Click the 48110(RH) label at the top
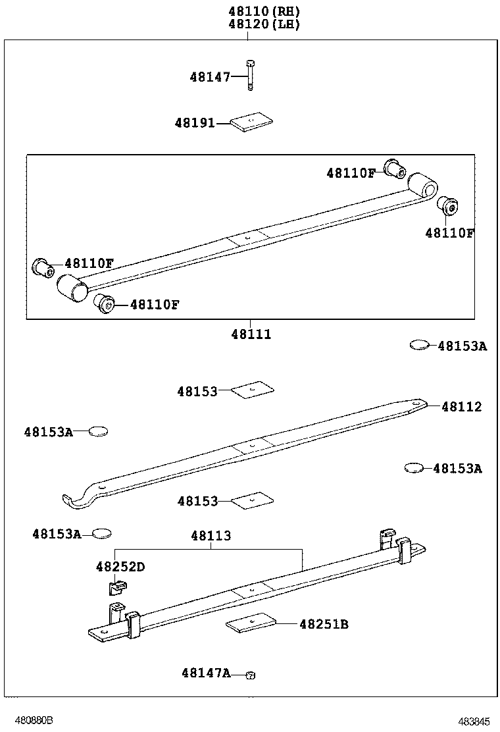coord(264,11)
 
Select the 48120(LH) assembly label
coord(264,24)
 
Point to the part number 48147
coord(210,77)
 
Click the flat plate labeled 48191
coord(252,122)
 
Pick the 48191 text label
coord(195,123)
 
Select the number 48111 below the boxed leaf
coord(251,334)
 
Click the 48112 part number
coord(461,407)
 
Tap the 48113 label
coord(211,536)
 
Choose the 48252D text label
coord(120,567)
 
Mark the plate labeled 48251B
coord(251,623)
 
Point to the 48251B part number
coord(324,624)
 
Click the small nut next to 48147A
coord(250,675)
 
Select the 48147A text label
coord(206,673)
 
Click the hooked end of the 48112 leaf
coord(72,501)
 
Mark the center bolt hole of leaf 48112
coord(251,445)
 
